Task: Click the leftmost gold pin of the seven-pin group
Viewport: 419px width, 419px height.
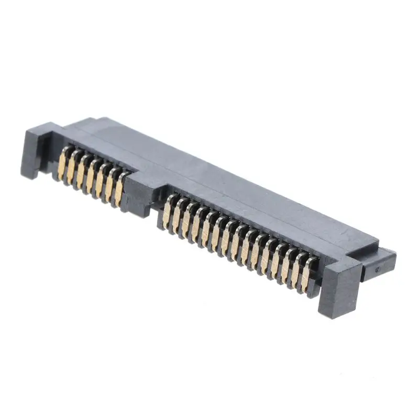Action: point(63,163)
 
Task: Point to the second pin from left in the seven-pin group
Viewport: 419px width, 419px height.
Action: point(72,168)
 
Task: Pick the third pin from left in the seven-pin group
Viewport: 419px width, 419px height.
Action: point(82,172)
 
